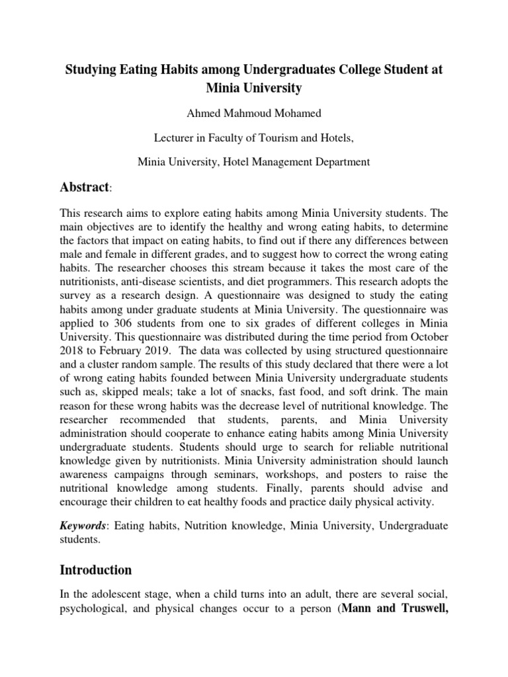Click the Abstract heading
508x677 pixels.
[83, 188]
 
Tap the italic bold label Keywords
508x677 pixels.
[83, 526]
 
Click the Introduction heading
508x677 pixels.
[97, 569]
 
